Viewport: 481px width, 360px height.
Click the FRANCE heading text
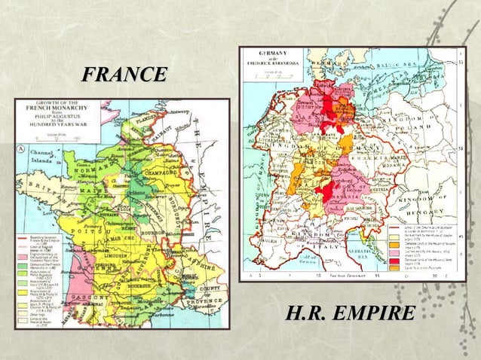click(124, 75)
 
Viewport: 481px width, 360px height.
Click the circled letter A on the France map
click(23, 148)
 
